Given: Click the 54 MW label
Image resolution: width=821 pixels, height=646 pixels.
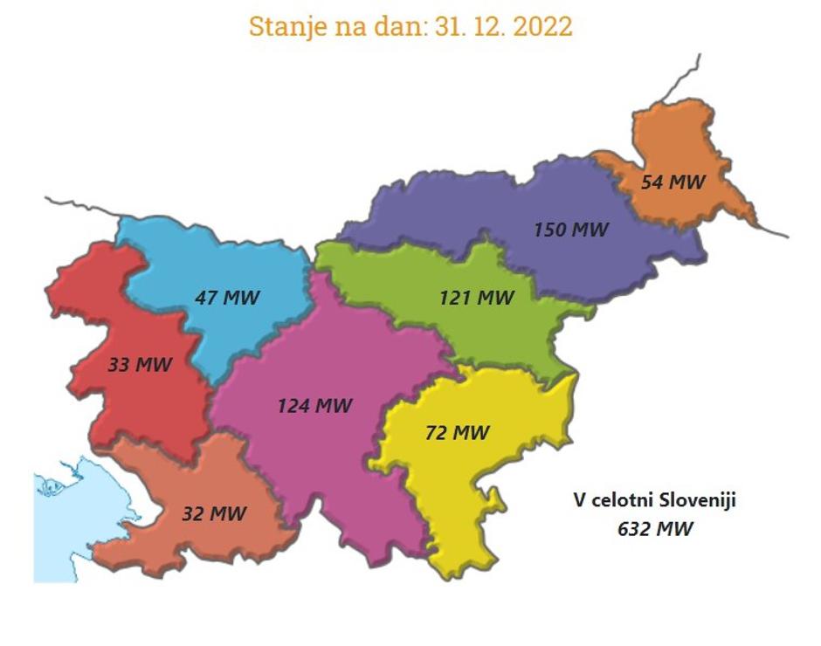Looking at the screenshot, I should coord(673,182).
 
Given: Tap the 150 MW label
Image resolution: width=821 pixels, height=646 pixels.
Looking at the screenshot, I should coord(571,230).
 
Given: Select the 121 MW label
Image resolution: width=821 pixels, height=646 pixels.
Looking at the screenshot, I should coord(476,298).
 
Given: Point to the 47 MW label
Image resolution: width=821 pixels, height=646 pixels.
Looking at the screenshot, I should coord(227,297).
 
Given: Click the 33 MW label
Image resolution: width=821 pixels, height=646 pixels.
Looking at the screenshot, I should coord(140,364).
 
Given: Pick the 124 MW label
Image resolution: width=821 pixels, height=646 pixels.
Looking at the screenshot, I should coord(314,406).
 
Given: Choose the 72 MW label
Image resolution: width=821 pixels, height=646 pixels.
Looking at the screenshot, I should coord(457,432).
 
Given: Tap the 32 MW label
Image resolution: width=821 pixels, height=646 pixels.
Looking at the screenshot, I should coord(214,514).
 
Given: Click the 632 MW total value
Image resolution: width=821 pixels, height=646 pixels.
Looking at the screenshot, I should coord(655,528).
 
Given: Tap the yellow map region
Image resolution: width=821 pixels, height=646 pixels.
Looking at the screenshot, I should coord(472,489).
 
